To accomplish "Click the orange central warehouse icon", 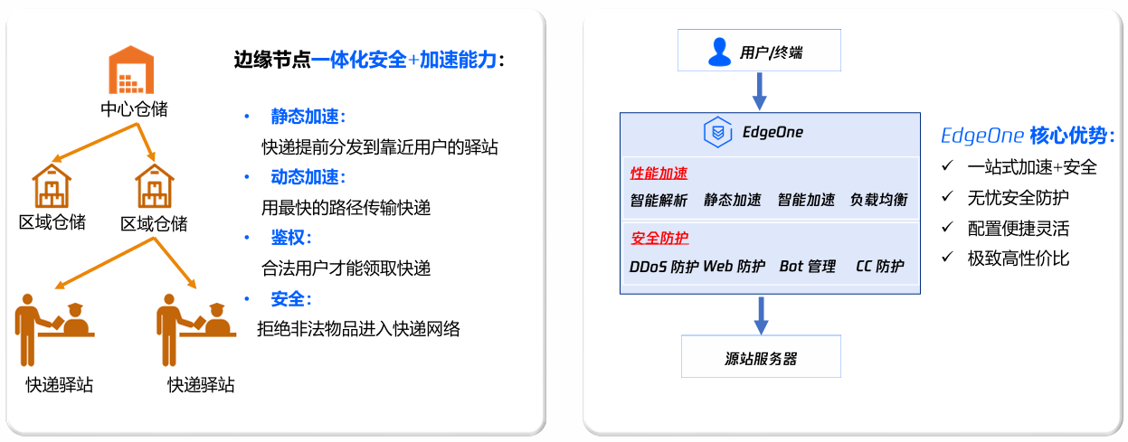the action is click(x=131, y=70).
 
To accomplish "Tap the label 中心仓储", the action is click(x=134, y=108).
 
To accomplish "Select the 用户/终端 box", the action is click(x=759, y=51).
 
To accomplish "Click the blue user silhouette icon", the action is click(x=719, y=52).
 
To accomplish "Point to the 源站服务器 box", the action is click(x=761, y=356).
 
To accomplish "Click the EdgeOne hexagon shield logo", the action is click(x=717, y=132).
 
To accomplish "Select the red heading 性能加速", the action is click(x=659, y=174).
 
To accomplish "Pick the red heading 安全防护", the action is click(x=659, y=238).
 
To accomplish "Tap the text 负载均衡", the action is click(x=878, y=200).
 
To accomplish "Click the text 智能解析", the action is click(x=659, y=201).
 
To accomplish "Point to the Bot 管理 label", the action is click(x=807, y=267).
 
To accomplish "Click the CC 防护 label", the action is click(x=880, y=267).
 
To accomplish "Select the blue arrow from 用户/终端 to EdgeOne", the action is click(x=759, y=91).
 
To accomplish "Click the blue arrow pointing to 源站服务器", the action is click(x=761, y=315).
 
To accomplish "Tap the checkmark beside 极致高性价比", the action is click(x=947, y=257).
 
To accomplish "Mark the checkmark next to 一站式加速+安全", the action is click(x=947, y=165).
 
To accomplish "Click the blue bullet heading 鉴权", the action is click(x=291, y=238).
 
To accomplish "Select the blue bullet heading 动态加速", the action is click(x=308, y=177).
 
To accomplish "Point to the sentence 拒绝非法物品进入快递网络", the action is click(x=358, y=329).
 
